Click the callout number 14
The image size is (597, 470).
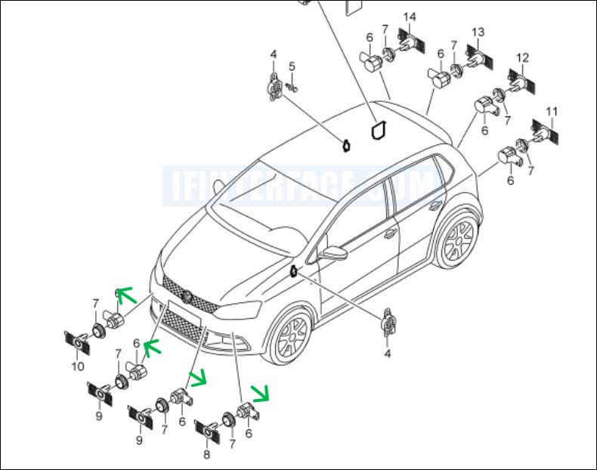click(410, 17)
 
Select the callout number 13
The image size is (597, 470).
click(478, 32)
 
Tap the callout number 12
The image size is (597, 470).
click(523, 57)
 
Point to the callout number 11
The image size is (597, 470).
click(552, 112)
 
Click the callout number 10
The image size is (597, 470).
click(78, 366)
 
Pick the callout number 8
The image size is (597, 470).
click(207, 454)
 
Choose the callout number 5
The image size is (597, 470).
click(292, 66)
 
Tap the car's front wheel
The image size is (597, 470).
click(291, 334)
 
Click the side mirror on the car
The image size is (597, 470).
click(334, 252)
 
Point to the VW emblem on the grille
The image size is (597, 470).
click(187, 295)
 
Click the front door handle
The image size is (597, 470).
click(390, 233)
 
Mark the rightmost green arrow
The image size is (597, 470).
click(260, 393)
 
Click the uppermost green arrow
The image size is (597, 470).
click(126, 295)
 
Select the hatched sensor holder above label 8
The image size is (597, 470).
click(208, 432)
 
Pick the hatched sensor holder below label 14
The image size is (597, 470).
click(410, 41)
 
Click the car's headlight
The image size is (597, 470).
click(237, 310)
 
